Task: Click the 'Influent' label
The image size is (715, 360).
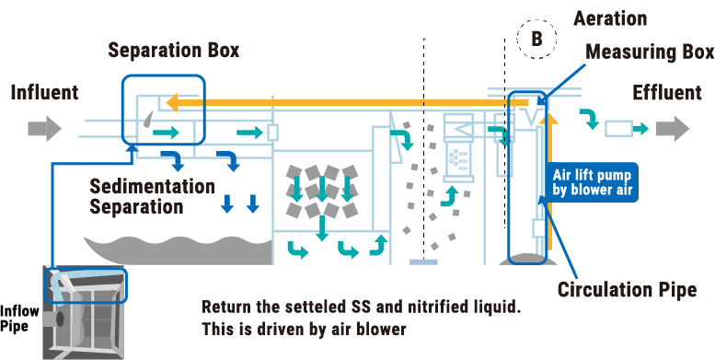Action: [x=44, y=92]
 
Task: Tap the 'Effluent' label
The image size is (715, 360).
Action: [x=666, y=93]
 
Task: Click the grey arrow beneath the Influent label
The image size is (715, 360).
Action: [x=44, y=127]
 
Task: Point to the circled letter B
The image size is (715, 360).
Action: [x=536, y=39]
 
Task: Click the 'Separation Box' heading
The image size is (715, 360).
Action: [x=173, y=50]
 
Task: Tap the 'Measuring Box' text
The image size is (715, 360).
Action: [x=650, y=52]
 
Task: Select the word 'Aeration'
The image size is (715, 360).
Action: [x=609, y=18]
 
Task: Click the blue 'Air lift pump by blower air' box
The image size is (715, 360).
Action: [x=592, y=182]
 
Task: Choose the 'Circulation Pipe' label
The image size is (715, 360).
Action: [x=626, y=290]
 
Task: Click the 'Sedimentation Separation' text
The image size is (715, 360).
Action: [x=152, y=196]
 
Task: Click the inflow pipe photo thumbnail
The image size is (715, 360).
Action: [x=85, y=311]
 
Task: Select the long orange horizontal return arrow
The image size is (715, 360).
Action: [x=350, y=104]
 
